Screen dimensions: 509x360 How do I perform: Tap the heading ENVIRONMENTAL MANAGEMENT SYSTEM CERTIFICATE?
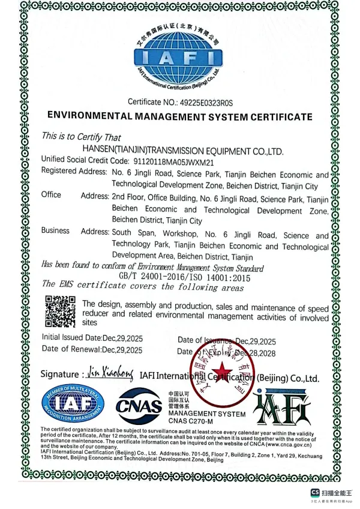(179, 116)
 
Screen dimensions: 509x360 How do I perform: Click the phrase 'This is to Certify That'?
(81, 137)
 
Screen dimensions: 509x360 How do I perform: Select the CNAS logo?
(139, 406)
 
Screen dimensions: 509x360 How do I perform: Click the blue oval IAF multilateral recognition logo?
(72, 406)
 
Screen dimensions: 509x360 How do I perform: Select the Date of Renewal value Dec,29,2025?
(122, 349)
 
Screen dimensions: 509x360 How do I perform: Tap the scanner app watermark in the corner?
(332, 494)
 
